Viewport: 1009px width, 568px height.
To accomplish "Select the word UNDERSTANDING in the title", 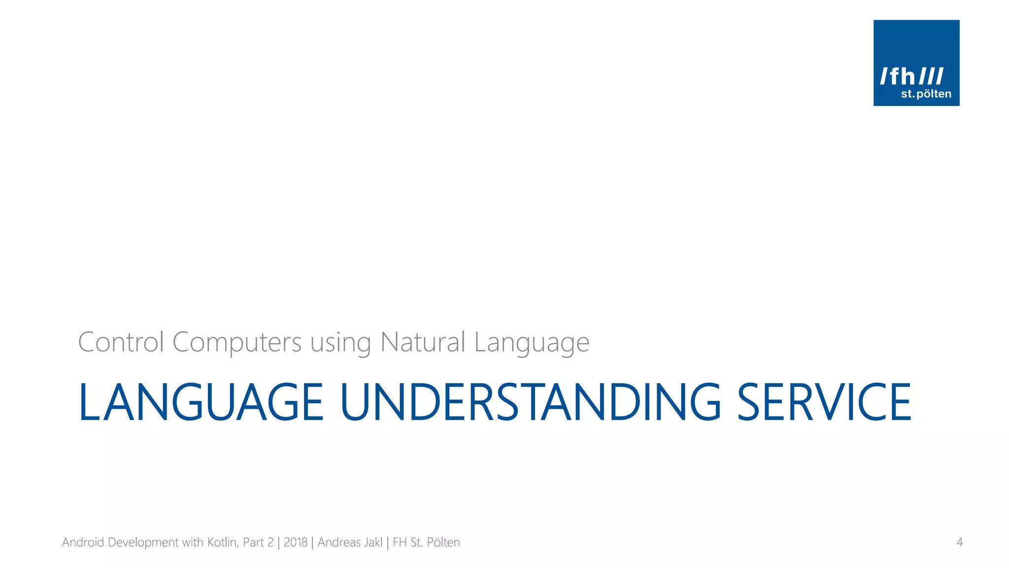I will click(x=531, y=402).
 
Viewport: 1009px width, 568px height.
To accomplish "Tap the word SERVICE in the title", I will click(x=824, y=402).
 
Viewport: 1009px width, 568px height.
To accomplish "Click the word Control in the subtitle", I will click(x=121, y=342).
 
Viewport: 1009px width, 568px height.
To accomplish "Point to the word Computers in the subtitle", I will click(x=237, y=343).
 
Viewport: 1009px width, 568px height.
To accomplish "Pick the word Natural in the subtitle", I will click(x=423, y=342).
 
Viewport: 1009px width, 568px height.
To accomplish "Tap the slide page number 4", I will click(x=959, y=542).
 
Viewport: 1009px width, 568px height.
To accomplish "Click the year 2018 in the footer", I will click(x=296, y=542).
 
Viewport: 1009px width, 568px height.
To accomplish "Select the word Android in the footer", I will click(x=83, y=542).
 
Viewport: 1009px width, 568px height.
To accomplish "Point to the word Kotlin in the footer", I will click(x=223, y=542).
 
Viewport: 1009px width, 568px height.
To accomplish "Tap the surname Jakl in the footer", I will click(x=373, y=542).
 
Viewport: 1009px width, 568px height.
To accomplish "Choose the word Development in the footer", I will click(x=143, y=543).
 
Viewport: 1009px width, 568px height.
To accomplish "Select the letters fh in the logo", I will click(x=903, y=76).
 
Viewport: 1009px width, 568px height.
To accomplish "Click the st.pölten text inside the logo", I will click(x=926, y=94).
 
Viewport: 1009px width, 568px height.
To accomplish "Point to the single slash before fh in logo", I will click(x=885, y=76).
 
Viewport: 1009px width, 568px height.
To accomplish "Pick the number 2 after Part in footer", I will click(x=270, y=542).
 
